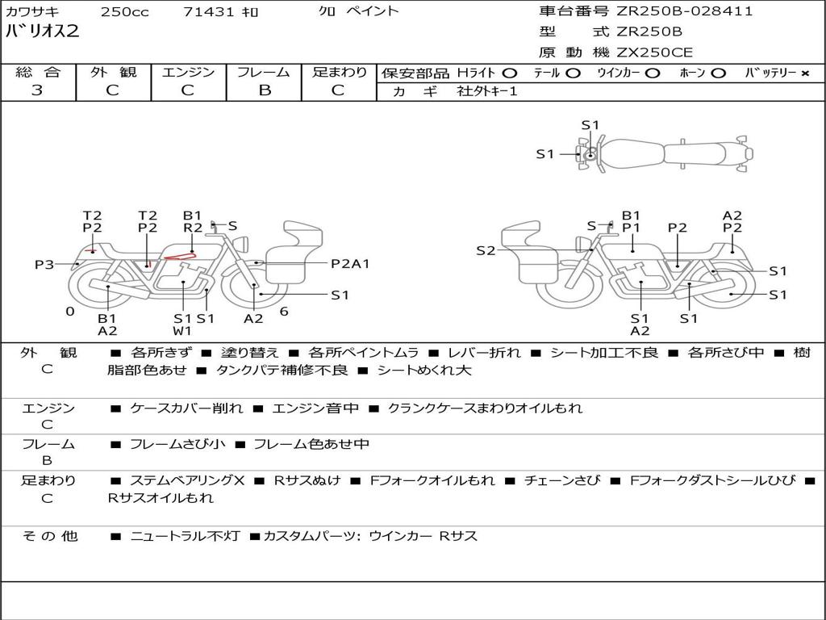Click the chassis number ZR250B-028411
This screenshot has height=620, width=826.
(x=685, y=11)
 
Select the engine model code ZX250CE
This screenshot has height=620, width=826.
(x=655, y=52)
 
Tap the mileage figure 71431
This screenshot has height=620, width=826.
(x=209, y=11)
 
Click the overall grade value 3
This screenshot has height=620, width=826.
(x=37, y=90)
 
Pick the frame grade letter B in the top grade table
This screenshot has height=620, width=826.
(x=265, y=90)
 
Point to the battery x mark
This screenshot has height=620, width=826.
(x=805, y=73)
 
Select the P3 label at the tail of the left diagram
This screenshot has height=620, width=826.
(x=44, y=264)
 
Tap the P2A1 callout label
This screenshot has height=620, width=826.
(x=350, y=264)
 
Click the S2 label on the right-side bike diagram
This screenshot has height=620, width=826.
(x=486, y=250)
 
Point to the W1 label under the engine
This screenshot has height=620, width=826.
(x=182, y=331)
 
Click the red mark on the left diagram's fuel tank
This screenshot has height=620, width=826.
(x=180, y=257)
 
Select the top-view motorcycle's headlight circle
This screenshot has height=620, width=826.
(x=591, y=155)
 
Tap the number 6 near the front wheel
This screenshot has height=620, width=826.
(x=284, y=312)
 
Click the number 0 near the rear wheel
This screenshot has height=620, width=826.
(x=70, y=312)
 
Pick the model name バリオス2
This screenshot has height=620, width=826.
(x=42, y=31)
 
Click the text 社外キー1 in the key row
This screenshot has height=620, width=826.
(x=487, y=91)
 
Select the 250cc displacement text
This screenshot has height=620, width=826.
(x=125, y=11)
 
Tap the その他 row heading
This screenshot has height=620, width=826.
(x=50, y=536)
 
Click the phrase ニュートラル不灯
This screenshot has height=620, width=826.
(x=185, y=536)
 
